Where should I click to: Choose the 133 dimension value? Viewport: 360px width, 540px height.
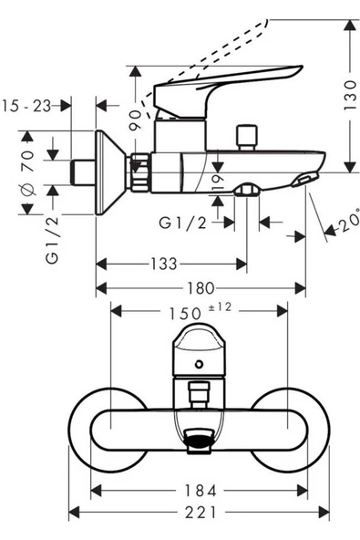(x=164, y=264)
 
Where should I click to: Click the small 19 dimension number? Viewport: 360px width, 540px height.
(x=215, y=182)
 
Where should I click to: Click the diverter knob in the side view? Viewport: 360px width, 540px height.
(x=243, y=139)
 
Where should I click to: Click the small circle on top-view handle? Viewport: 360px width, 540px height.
(x=200, y=366)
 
